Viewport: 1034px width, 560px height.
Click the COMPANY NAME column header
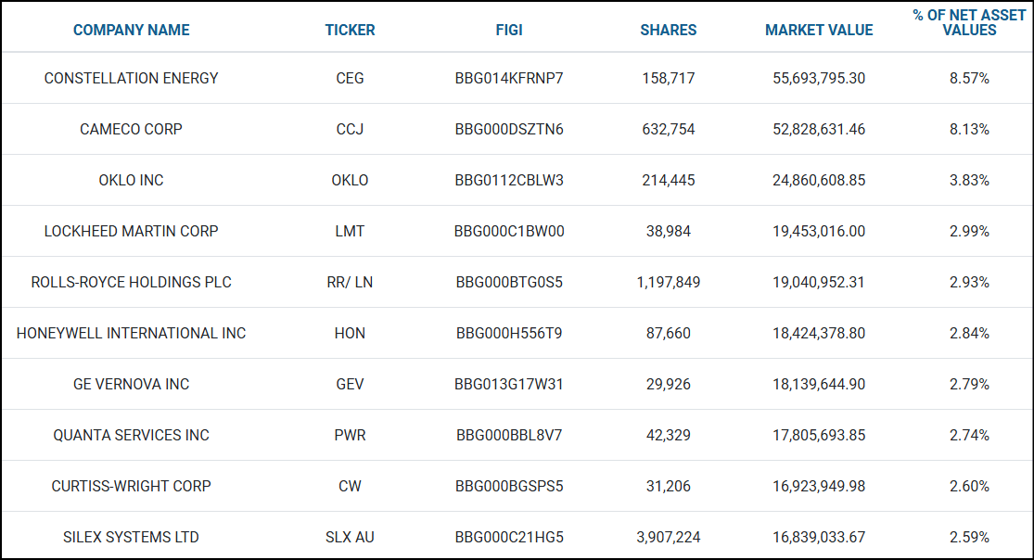131,30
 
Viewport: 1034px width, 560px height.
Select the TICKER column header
350,30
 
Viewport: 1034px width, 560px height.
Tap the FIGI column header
509,30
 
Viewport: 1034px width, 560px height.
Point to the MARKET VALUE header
819,30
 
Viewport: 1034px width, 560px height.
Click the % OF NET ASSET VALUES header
969,22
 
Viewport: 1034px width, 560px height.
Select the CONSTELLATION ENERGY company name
131,78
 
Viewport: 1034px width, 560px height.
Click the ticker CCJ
350,129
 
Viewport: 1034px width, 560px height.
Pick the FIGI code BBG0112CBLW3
509,180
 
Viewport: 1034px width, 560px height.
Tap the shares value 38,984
669,231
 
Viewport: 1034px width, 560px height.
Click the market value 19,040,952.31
819,282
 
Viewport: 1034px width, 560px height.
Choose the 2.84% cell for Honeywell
969,333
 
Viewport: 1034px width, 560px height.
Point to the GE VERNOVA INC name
131,384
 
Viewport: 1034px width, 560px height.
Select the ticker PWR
350,435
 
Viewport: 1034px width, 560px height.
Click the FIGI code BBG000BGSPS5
509,486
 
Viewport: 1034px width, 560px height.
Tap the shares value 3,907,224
669,537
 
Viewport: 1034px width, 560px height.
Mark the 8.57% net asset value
969,78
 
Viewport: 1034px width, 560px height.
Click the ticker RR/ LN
350,282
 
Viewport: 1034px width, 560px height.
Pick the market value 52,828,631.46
819,129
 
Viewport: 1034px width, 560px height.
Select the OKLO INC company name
131,180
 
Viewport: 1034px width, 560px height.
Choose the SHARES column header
669,30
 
